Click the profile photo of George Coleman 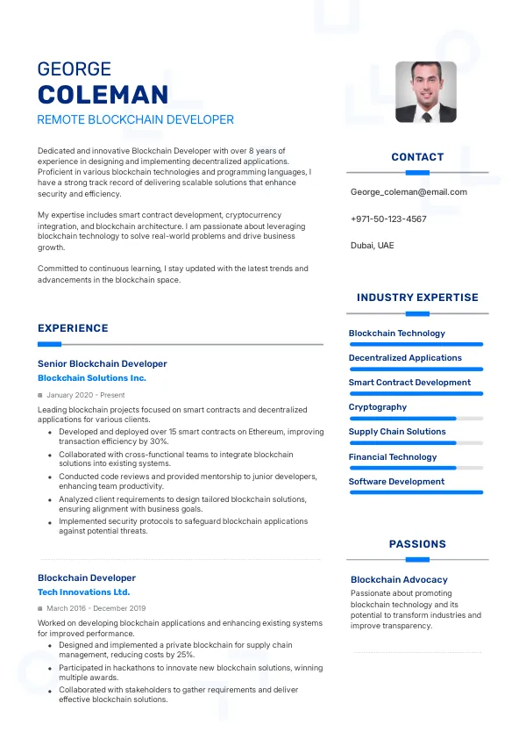click(x=426, y=91)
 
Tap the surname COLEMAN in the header click(x=103, y=95)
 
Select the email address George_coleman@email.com click(x=409, y=192)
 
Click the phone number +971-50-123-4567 click(x=388, y=219)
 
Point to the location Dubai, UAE click(x=372, y=246)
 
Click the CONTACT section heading click(x=417, y=157)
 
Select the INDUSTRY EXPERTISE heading click(x=417, y=298)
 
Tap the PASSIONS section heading click(x=417, y=544)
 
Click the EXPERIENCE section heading click(x=73, y=328)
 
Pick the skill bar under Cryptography click(x=416, y=419)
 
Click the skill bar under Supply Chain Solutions click(x=416, y=443)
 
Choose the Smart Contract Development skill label click(x=409, y=383)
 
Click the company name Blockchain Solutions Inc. click(x=92, y=378)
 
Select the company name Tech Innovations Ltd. click(x=83, y=592)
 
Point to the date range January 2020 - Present click(x=86, y=396)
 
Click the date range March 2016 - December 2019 click(x=96, y=608)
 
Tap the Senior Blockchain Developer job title click(x=102, y=363)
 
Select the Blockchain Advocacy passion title click(x=399, y=580)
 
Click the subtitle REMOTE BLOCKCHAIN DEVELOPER click(x=136, y=119)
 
